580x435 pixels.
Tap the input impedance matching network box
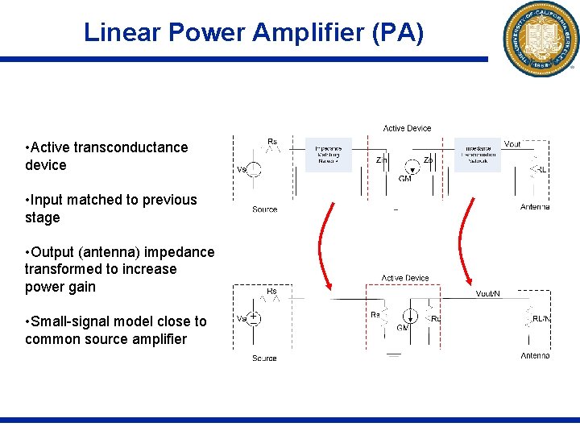tap(329, 155)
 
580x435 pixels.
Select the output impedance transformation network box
tap(478, 155)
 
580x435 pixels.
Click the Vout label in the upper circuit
tap(512, 144)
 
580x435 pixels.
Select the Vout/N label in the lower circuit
tap(487, 294)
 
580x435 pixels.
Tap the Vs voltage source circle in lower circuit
tap(254, 318)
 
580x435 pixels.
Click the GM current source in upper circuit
tap(412, 170)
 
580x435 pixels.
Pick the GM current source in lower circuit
tap(410, 317)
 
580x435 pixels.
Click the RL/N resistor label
tap(541, 319)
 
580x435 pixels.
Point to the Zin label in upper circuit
tap(382, 160)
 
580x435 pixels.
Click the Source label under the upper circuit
tap(264, 209)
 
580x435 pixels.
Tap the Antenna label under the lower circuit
tap(535, 355)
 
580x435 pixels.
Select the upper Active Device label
tap(407, 128)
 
